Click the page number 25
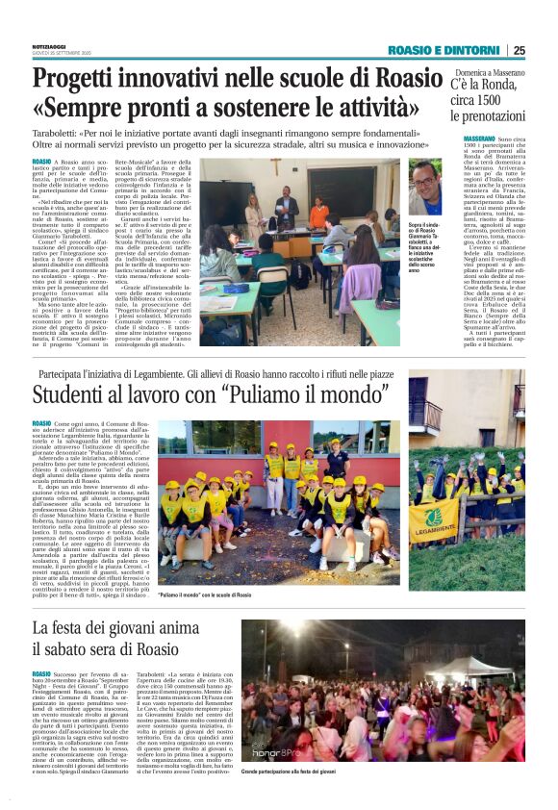click(x=519, y=50)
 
